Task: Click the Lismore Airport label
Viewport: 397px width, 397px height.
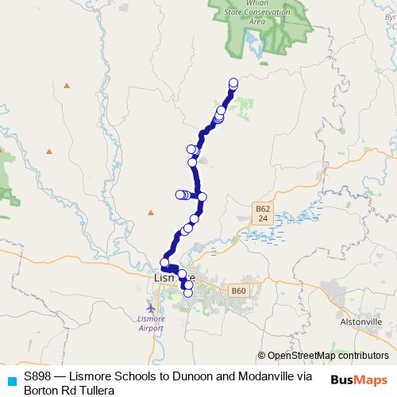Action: pyautogui.click(x=151, y=322)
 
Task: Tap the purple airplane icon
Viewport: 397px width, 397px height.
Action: pyautogui.click(x=151, y=307)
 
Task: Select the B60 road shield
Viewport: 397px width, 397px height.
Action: pyautogui.click(x=237, y=291)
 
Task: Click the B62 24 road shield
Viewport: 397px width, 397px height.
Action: pyautogui.click(x=264, y=213)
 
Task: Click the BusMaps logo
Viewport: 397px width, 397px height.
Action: pyautogui.click(x=359, y=380)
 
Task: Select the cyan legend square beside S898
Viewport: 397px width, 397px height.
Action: pyautogui.click(x=11, y=380)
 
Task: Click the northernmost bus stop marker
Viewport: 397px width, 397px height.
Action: pyautogui.click(x=233, y=82)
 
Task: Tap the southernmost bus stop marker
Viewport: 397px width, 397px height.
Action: pyautogui.click(x=188, y=292)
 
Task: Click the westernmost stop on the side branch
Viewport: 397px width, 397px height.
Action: pyautogui.click(x=179, y=195)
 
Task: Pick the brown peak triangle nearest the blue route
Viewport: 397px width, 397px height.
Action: pyautogui.click(x=151, y=212)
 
